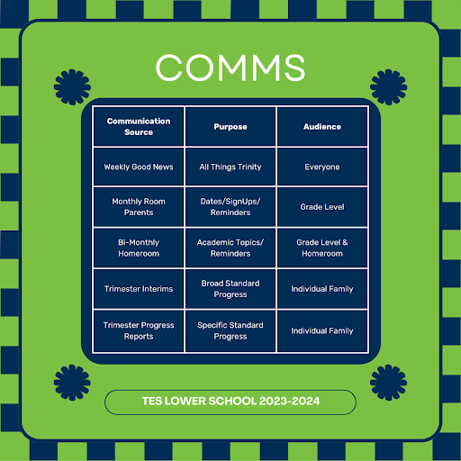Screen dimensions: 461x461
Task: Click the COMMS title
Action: (230, 68)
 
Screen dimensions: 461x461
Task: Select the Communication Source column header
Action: (139, 127)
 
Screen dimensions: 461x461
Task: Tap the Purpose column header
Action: (230, 127)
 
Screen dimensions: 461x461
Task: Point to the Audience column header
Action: (322, 127)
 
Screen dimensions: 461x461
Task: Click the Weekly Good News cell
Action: (139, 167)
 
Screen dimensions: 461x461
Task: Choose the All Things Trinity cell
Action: (230, 167)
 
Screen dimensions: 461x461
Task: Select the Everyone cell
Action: (322, 167)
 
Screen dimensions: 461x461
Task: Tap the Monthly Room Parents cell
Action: (139, 207)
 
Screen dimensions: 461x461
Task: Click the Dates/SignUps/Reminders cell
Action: (230, 207)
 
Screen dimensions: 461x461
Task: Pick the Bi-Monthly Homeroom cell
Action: (139, 248)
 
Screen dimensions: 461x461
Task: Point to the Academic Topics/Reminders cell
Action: (230, 248)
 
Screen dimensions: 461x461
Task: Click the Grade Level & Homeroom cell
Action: (322, 248)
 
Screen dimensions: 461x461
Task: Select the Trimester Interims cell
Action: (139, 289)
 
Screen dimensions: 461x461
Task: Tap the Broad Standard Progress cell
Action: (230, 289)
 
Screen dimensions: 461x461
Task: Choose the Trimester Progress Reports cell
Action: (139, 330)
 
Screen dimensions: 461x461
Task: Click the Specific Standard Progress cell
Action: (230, 330)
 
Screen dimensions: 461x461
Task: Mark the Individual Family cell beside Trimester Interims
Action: (322, 289)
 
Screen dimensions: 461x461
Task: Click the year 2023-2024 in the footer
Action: (289, 402)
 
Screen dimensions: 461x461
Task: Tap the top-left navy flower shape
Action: (72, 87)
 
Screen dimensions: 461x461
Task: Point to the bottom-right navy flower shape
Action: (388, 383)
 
